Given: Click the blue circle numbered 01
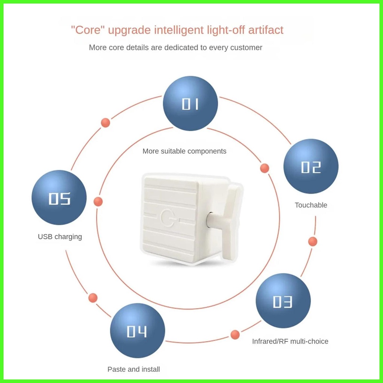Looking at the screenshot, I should click(x=191, y=104).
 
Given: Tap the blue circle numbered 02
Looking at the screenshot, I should click(x=311, y=166).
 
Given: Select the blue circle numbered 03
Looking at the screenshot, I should click(x=283, y=301).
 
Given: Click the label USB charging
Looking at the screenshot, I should click(x=60, y=237).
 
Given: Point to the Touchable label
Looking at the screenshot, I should click(x=311, y=205).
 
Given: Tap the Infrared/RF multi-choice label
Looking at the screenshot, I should click(x=290, y=341).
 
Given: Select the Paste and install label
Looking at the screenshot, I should click(x=134, y=369).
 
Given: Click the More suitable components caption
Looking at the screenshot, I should click(x=184, y=151).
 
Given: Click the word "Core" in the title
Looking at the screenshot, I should click(x=88, y=30).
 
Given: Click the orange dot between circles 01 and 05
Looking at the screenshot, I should click(x=106, y=122).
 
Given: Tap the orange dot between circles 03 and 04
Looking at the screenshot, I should click(x=235, y=335).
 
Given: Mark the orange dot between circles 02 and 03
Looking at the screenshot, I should click(x=313, y=241).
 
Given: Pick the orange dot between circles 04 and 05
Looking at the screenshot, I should click(x=93, y=298).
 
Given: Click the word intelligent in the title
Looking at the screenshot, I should click(x=180, y=30).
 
